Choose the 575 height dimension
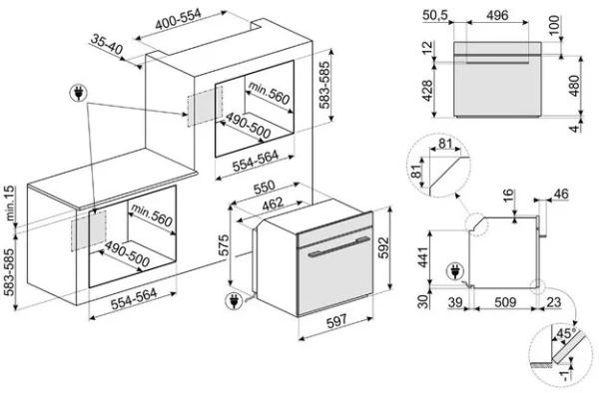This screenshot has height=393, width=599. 224,243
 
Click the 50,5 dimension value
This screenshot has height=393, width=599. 434,15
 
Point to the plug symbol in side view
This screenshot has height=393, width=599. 456,269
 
